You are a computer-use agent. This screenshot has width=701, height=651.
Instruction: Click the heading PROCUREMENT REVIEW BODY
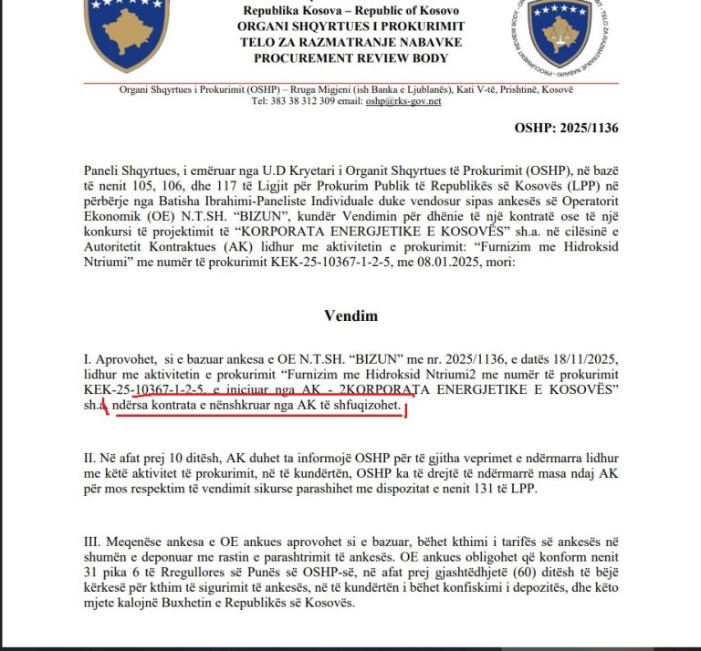351,58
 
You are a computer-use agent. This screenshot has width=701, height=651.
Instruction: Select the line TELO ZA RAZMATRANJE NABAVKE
351,42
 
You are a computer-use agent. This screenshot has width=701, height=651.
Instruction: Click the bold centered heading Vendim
350,315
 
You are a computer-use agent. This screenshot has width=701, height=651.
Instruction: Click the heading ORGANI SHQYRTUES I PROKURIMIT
351,26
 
